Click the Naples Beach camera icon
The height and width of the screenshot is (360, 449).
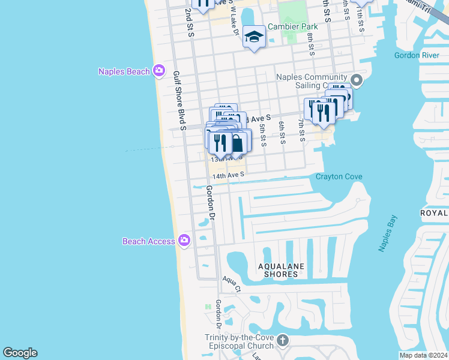159,71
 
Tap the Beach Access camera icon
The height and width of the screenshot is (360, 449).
184,241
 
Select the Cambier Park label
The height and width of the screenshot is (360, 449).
292,26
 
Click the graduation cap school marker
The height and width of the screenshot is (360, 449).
254,37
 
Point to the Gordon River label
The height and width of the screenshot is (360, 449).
413,55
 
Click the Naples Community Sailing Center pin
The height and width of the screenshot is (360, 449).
356,80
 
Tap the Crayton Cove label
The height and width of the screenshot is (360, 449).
339,177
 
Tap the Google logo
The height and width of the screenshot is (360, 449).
20,353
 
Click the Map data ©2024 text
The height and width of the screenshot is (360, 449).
423,355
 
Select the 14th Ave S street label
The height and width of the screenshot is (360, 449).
228,175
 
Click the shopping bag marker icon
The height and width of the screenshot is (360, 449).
238,143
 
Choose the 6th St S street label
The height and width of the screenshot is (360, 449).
282,133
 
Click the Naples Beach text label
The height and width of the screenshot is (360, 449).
124,71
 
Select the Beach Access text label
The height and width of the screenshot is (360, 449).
149,241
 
